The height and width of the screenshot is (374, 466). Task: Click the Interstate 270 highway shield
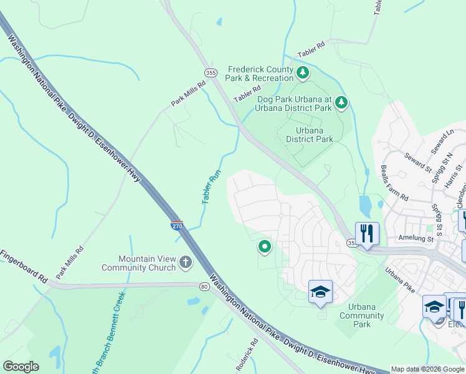(177, 224)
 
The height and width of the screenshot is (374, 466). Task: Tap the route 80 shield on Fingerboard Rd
(204, 287)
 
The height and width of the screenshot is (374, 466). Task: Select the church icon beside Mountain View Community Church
(185, 263)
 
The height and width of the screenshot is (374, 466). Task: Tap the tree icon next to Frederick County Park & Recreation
(303, 74)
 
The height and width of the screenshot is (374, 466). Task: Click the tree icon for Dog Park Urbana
(341, 102)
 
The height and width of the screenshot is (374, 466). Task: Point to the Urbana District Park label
(310, 135)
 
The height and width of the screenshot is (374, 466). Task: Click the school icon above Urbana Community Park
(320, 292)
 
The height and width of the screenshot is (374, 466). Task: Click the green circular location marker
(265, 247)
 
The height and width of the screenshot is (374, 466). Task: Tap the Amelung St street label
(416, 238)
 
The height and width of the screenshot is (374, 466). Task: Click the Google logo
(21, 367)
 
